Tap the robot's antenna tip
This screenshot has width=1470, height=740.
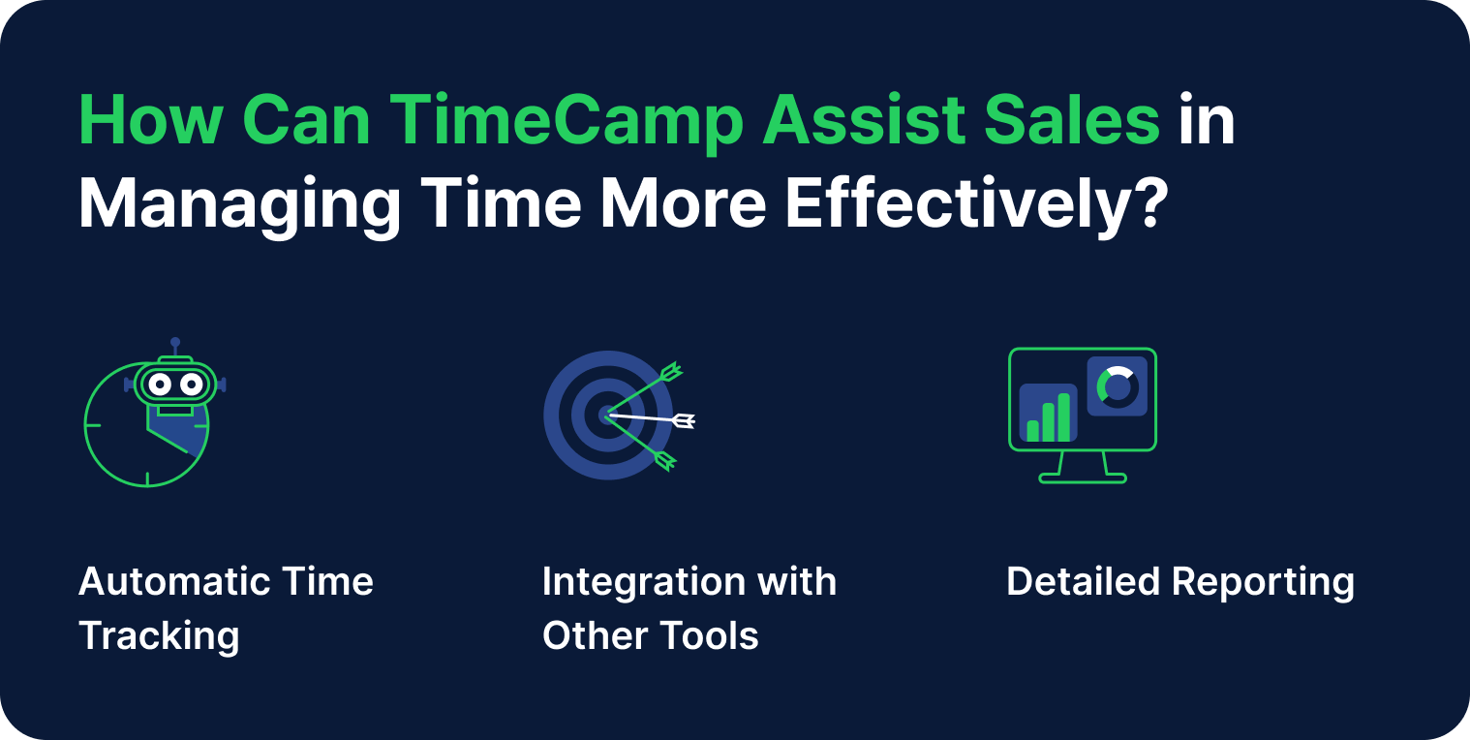pos(175,342)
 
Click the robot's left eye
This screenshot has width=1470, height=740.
pos(160,385)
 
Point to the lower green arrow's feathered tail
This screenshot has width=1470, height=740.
pos(665,461)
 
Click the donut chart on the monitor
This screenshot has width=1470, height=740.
pos(1118,386)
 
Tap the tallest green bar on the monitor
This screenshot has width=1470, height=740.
pos(1064,416)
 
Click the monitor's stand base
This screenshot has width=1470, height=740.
pos(1083,478)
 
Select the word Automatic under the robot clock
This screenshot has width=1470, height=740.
pos(174,582)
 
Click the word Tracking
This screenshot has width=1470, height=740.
pos(159,636)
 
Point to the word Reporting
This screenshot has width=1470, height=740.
pos(1263,582)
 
